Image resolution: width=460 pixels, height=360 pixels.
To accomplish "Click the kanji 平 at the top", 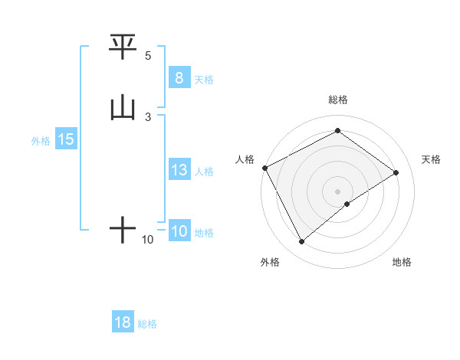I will click(123, 47).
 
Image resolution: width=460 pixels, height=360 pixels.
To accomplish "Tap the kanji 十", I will click(123, 229).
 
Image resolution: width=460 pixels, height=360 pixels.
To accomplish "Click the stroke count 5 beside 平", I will click(148, 56).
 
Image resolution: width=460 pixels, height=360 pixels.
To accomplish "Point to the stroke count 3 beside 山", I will click(148, 116).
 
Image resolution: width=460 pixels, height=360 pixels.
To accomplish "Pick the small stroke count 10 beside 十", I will click(148, 240).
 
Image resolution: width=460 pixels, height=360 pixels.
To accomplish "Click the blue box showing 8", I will click(179, 78).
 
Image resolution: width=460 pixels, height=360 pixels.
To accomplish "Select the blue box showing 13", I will click(179, 171).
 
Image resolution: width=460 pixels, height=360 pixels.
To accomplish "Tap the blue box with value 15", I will click(66, 140).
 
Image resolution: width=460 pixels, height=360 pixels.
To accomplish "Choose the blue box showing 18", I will click(123, 322).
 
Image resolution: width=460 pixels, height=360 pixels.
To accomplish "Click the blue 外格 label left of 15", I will click(41, 141).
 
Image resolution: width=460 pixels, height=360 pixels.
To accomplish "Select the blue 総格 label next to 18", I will click(147, 324).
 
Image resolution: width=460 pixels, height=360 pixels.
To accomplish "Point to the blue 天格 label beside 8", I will click(204, 79).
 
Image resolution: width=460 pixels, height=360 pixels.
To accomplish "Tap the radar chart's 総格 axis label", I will click(337, 100).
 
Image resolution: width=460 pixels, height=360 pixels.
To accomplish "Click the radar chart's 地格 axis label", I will click(402, 262).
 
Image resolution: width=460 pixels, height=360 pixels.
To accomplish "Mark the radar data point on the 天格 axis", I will click(396, 172).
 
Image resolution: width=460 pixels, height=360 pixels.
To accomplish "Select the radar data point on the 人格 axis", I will click(264, 168).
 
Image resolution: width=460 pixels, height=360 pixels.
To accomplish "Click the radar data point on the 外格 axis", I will click(301, 242).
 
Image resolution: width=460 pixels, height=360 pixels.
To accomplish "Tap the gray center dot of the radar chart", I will click(337, 191).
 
